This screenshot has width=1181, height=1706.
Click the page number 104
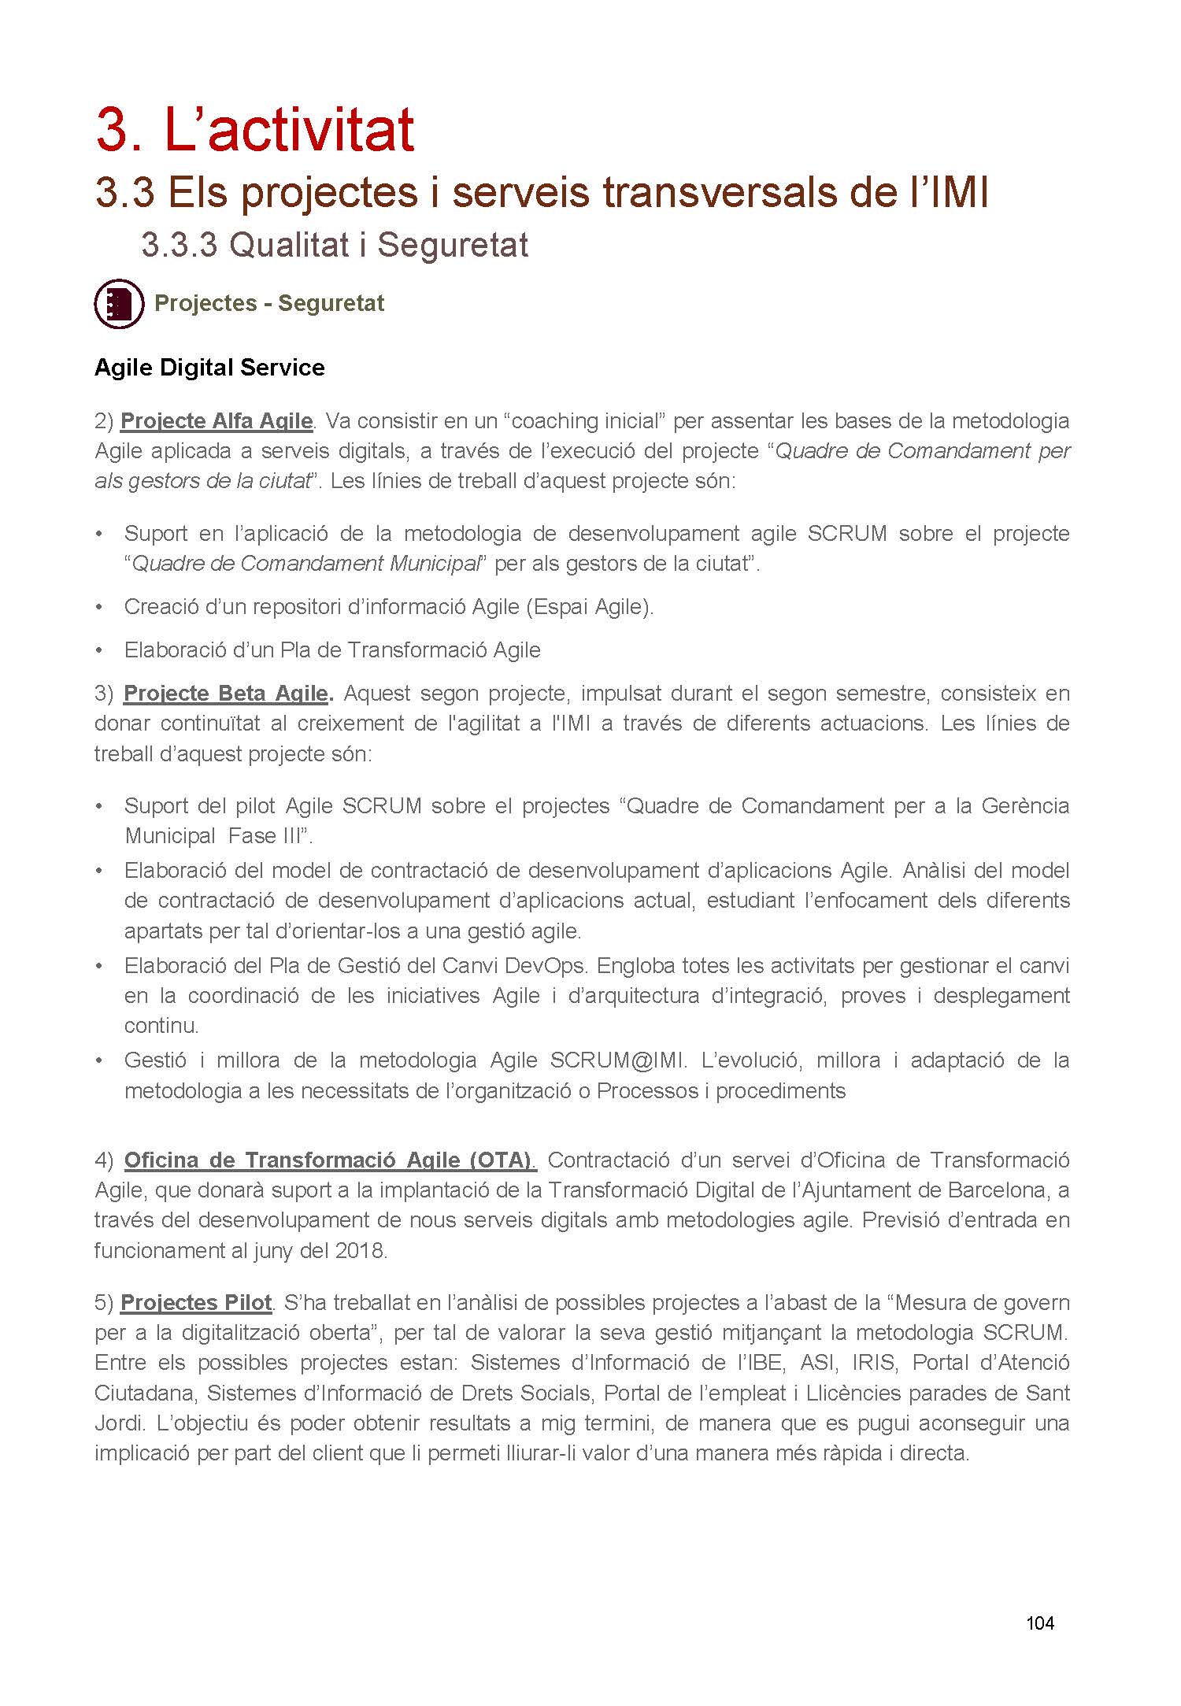(x=1039, y=1623)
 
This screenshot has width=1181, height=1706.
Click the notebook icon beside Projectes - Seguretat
(x=119, y=303)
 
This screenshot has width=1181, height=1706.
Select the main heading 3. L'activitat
(x=255, y=130)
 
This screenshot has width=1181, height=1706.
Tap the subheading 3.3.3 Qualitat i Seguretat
(x=335, y=245)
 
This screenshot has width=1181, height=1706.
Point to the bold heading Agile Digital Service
(x=209, y=368)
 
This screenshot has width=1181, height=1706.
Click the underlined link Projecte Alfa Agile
(x=217, y=421)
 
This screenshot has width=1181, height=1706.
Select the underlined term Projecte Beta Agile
(x=226, y=694)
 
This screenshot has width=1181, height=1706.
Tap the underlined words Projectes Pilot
(x=196, y=1303)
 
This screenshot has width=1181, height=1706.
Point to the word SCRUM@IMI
(x=616, y=1060)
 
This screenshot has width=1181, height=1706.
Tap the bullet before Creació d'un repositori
(x=99, y=608)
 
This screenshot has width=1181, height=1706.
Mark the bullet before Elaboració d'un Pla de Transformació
(x=99, y=651)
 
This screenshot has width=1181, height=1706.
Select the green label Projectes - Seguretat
(x=269, y=303)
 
